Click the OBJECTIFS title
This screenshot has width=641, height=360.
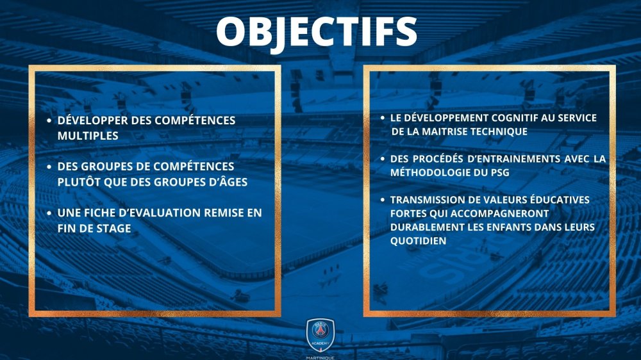317,32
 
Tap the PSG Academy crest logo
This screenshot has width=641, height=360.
320,334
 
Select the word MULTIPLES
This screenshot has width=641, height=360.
88,136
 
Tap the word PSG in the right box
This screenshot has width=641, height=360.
500,172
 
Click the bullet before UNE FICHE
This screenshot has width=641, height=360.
49,213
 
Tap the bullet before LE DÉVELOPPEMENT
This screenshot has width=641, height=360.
383,118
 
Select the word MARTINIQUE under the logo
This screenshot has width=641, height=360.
320,357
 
